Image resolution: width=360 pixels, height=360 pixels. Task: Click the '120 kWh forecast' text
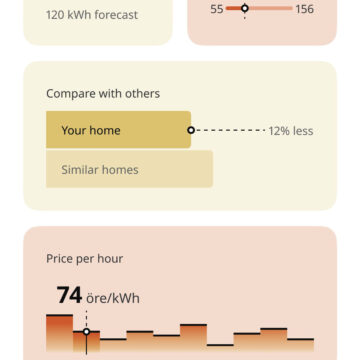[92, 15]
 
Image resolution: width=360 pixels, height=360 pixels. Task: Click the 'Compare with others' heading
[102, 93]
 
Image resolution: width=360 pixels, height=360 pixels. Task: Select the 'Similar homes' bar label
[92, 169]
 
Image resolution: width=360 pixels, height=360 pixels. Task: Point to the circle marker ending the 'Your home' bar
[190, 130]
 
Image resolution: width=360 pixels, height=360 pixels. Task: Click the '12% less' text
[290, 130]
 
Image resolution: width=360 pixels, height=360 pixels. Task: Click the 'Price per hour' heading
[84, 258]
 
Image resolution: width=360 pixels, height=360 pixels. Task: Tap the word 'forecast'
[113, 15]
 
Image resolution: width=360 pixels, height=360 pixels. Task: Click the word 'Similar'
[75, 169]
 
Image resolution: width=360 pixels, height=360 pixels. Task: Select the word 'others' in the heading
[142, 93]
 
